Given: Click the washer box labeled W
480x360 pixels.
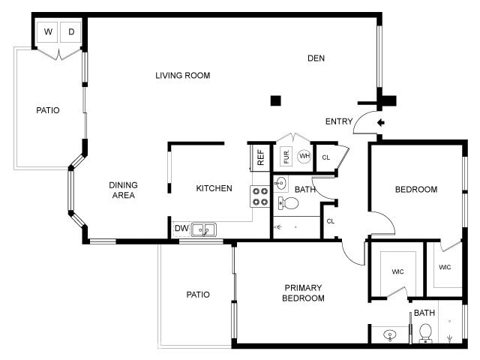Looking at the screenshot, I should pyautogui.click(x=49, y=31).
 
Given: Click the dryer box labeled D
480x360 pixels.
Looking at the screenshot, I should pyautogui.click(x=71, y=31).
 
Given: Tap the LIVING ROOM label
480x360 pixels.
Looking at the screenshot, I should pyautogui.click(x=182, y=75).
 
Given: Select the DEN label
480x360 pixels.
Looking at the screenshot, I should pyautogui.click(x=316, y=58).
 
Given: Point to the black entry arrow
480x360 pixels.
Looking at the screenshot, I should pyautogui.click(x=380, y=122).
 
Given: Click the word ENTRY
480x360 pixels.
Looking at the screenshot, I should pyautogui.click(x=339, y=121).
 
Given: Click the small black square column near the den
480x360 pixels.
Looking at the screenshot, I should pyautogui.click(x=275, y=100).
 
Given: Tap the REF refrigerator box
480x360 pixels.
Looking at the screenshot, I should pyautogui.click(x=261, y=157).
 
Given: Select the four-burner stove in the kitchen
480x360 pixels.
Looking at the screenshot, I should pyautogui.click(x=260, y=196).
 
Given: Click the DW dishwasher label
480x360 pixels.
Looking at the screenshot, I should pyautogui.click(x=181, y=229).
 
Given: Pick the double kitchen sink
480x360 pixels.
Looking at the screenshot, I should pyautogui.click(x=203, y=229).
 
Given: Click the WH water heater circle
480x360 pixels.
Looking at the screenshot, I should pyautogui.click(x=304, y=157).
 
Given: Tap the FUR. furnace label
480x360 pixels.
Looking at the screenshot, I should pyautogui.click(x=286, y=157).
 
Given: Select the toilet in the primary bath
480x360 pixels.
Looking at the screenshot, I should pyautogui.click(x=425, y=331).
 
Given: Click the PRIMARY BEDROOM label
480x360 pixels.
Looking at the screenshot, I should pyautogui.click(x=303, y=292).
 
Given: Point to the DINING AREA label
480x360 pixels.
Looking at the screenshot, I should pyautogui.click(x=123, y=190).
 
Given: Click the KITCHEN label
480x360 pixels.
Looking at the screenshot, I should pyautogui.click(x=214, y=188).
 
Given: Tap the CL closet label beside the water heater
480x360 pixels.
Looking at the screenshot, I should pyautogui.click(x=325, y=157).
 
